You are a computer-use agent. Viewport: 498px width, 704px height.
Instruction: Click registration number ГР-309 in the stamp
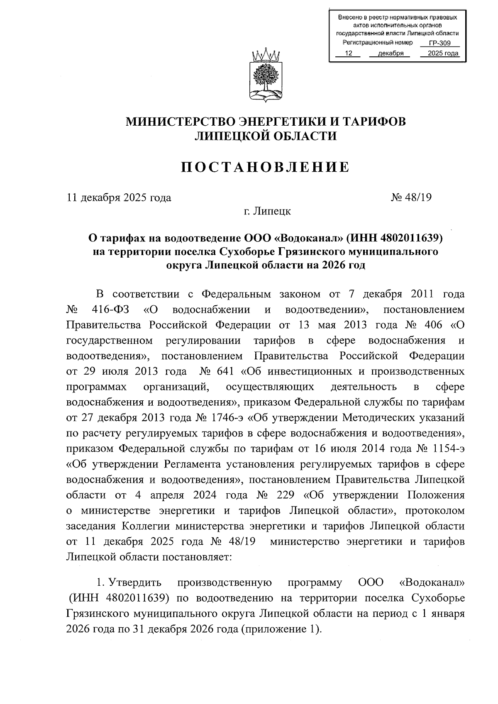point(439,44)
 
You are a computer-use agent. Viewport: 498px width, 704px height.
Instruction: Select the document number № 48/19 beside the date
point(411,197)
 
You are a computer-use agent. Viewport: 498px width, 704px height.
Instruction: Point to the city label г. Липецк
point(267,212)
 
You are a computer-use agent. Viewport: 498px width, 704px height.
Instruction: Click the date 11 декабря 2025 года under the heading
point(119,197)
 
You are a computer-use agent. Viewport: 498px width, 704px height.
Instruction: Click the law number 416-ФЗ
point(107,310)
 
